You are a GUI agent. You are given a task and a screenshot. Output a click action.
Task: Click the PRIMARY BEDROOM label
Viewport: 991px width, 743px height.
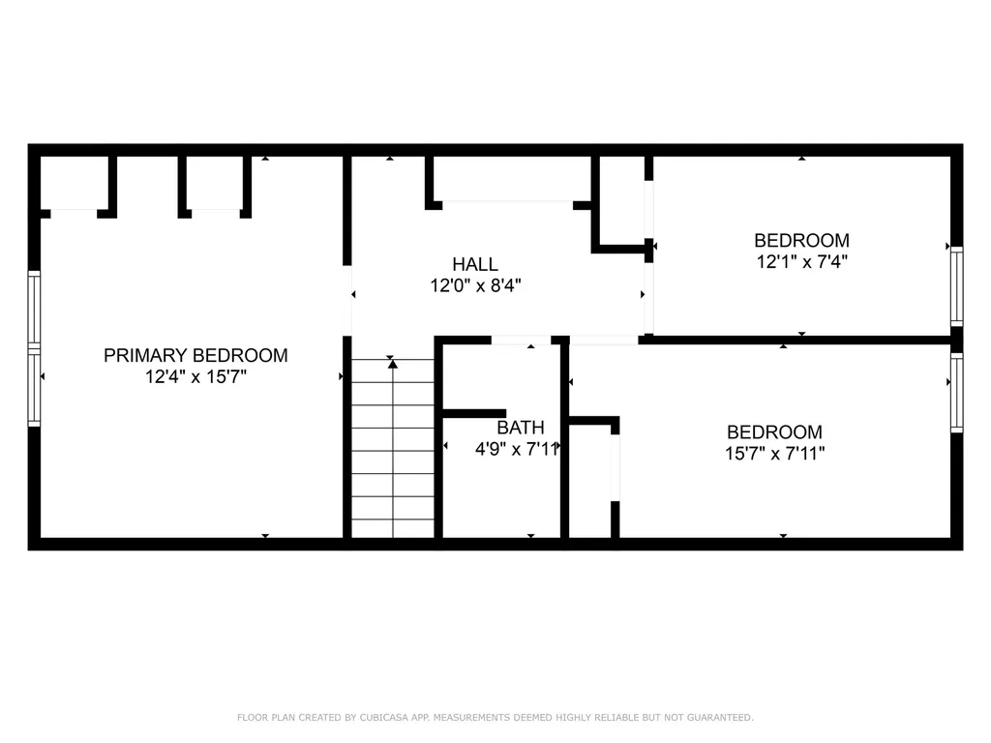(195, 355)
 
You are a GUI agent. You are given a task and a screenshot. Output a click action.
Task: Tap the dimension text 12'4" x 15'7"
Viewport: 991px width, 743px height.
(195, 377)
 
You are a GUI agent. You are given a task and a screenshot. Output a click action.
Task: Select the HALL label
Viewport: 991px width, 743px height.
(475, 264)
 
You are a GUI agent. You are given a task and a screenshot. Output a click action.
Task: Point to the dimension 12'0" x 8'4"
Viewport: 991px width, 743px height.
(475, 285)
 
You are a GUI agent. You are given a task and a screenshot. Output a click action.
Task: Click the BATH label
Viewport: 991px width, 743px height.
(521, 428)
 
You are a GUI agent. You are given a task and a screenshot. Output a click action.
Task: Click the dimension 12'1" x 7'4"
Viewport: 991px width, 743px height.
(801, 261)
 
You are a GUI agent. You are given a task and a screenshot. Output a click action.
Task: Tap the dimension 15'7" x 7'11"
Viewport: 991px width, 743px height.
(775, 453)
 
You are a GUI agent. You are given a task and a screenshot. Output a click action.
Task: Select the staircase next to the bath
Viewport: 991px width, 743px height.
(392, 450)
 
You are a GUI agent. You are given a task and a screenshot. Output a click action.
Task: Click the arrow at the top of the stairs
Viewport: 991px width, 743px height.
(392, 363)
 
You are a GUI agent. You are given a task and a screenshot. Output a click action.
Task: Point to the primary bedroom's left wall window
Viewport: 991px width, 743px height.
(34, 348)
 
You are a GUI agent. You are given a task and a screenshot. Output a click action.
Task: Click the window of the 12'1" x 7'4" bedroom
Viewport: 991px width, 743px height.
(956, 285)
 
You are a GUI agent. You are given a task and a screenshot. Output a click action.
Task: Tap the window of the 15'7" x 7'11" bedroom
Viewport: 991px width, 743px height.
(956, 392)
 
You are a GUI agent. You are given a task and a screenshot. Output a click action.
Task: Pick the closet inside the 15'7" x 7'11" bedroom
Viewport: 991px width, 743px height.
(590, 480)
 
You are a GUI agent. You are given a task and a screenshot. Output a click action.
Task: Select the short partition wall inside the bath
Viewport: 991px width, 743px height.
(473, 413)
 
